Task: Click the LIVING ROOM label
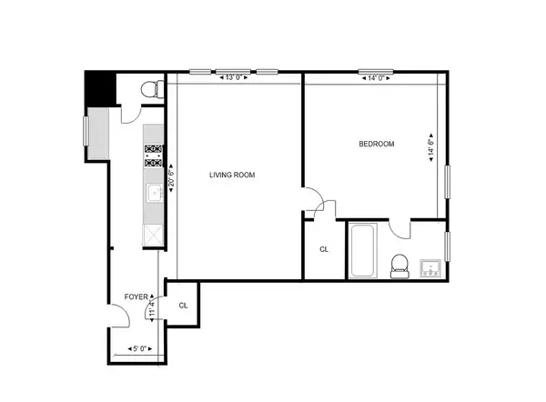(x=232, y=176)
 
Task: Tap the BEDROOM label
(x=377, y=144)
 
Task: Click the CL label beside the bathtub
(x=324, y=249)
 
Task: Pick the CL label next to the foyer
(x=184, y=307)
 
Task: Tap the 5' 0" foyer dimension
(x=141, y=348)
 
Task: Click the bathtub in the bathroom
(x=361, y=251)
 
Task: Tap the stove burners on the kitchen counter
(x=153, y=156)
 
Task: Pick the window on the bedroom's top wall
(x=374, y=71)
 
